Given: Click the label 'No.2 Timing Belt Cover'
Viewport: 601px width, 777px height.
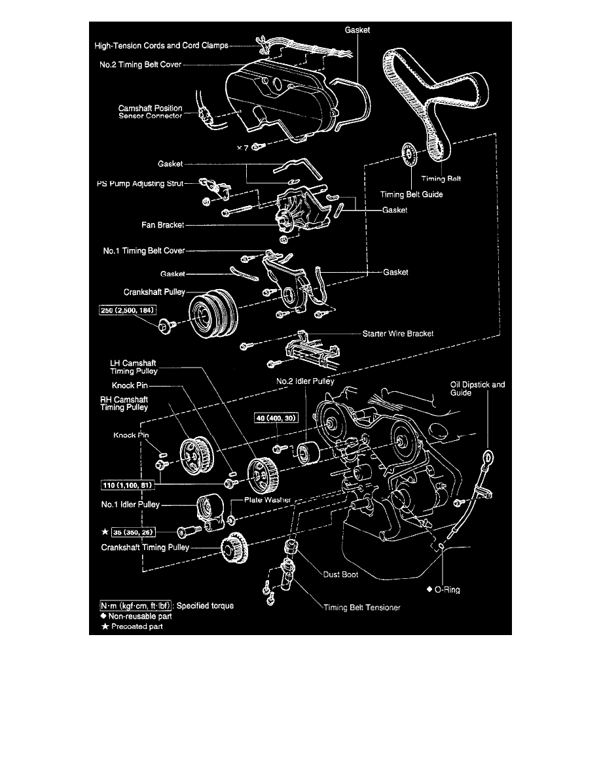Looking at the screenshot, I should pyautogui.click(x=136, y=65).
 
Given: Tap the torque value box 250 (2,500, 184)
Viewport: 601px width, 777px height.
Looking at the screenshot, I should pyautogui.click(x=128, y=309).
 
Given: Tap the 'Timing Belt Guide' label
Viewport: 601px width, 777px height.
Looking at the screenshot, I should pyautogui.click(x=412, y=194).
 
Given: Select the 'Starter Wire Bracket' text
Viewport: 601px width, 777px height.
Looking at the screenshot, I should pyautogui.click(x=398, y=333).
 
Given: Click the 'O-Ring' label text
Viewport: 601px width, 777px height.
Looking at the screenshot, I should pyautogui.click(x=448, y=589).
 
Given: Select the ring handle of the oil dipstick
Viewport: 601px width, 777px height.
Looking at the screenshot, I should pyautogui.click(x=488, y=457).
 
